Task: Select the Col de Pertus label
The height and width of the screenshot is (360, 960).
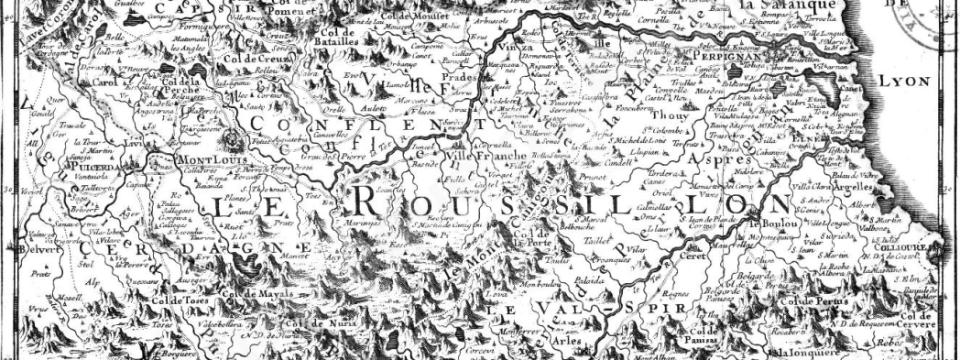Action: [x=805, y=301]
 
